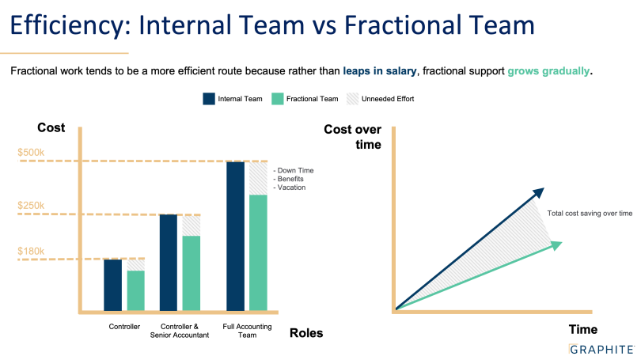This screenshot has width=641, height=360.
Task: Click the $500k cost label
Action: pyautogui.click(x=31, y=153)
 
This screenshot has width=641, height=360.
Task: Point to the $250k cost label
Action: pyautogui.click(x=31, y=205)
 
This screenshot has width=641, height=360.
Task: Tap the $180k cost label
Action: pyautogui.click(x=31, y=251)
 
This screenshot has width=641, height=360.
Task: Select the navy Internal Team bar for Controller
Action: pyautogui.click(x=113, y=285)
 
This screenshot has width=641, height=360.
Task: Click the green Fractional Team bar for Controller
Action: pyautogui.click(x=136, y=291)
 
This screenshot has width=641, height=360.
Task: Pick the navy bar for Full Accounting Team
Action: pyautogui.click(x=236, y=237)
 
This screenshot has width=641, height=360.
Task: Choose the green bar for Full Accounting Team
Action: pyautogui.click(x=258, y=253)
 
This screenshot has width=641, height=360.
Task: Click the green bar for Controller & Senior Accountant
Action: pyautogui.click(x=192, y=274)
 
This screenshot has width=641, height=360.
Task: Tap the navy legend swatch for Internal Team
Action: pyautogui.click(x=209, y=99)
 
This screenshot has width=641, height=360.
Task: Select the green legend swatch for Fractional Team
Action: pyautogui.click(x=278, y=99)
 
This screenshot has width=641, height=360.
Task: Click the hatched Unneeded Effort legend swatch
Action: pyautogui.click(x=352, y=99)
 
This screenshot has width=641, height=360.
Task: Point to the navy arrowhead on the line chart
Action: pyautogui.click(x=539, y=192)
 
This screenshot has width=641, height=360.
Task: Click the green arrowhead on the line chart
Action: pyautogui.click(x=556, y=245)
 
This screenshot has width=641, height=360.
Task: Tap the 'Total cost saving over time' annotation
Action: pyautogui.click(x=590, y=214)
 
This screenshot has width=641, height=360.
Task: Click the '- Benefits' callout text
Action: pyautogui.click(x=289, y=179)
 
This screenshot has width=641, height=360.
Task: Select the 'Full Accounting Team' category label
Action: pyautogui.click(x=248, y=331)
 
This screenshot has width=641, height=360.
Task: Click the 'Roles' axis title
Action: pyautogui.click(x=306, y=333)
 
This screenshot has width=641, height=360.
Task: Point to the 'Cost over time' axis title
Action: pyautogui.click(x=353, y=137)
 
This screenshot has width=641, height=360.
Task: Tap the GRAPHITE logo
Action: pyautogui.click(x=601, y=350)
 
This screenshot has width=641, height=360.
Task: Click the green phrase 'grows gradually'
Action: pyautogui.click(x=548, y=71)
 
